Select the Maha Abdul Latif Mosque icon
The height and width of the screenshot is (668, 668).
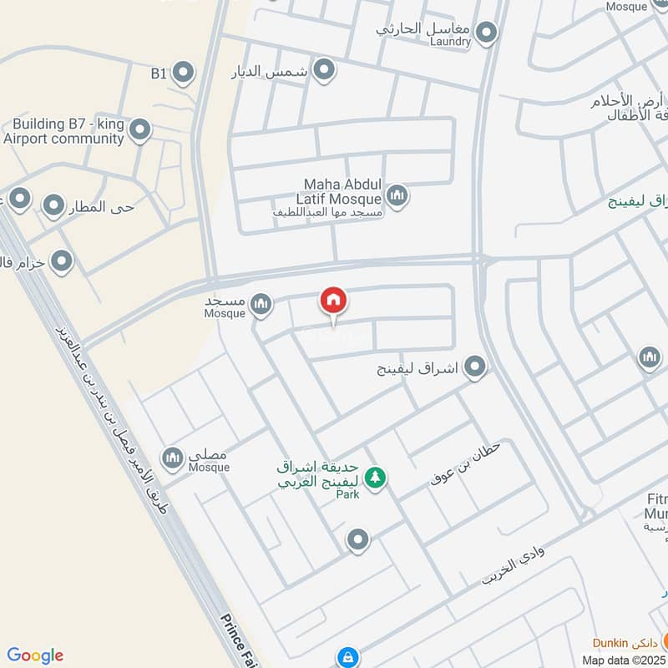tap(397, 197)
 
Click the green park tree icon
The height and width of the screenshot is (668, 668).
tap(376, 478)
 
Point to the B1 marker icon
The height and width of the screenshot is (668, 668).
tap(183, 73)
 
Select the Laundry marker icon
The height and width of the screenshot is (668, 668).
tap(486, 33)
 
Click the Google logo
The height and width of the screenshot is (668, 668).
tap(35, 655)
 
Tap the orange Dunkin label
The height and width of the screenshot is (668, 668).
tap(621, 642)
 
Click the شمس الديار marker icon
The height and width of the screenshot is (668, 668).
tap(324, 69)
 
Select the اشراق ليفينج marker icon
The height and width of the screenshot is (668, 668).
tap(475, 367)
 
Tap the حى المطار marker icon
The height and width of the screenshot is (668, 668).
tap(53, 205)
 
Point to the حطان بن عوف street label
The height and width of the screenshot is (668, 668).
tap(465, 464)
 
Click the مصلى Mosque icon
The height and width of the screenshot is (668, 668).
tap(173, 458)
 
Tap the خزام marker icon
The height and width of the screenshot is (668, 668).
tap(61, 263)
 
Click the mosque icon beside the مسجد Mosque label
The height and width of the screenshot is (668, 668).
tap(261, 303)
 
